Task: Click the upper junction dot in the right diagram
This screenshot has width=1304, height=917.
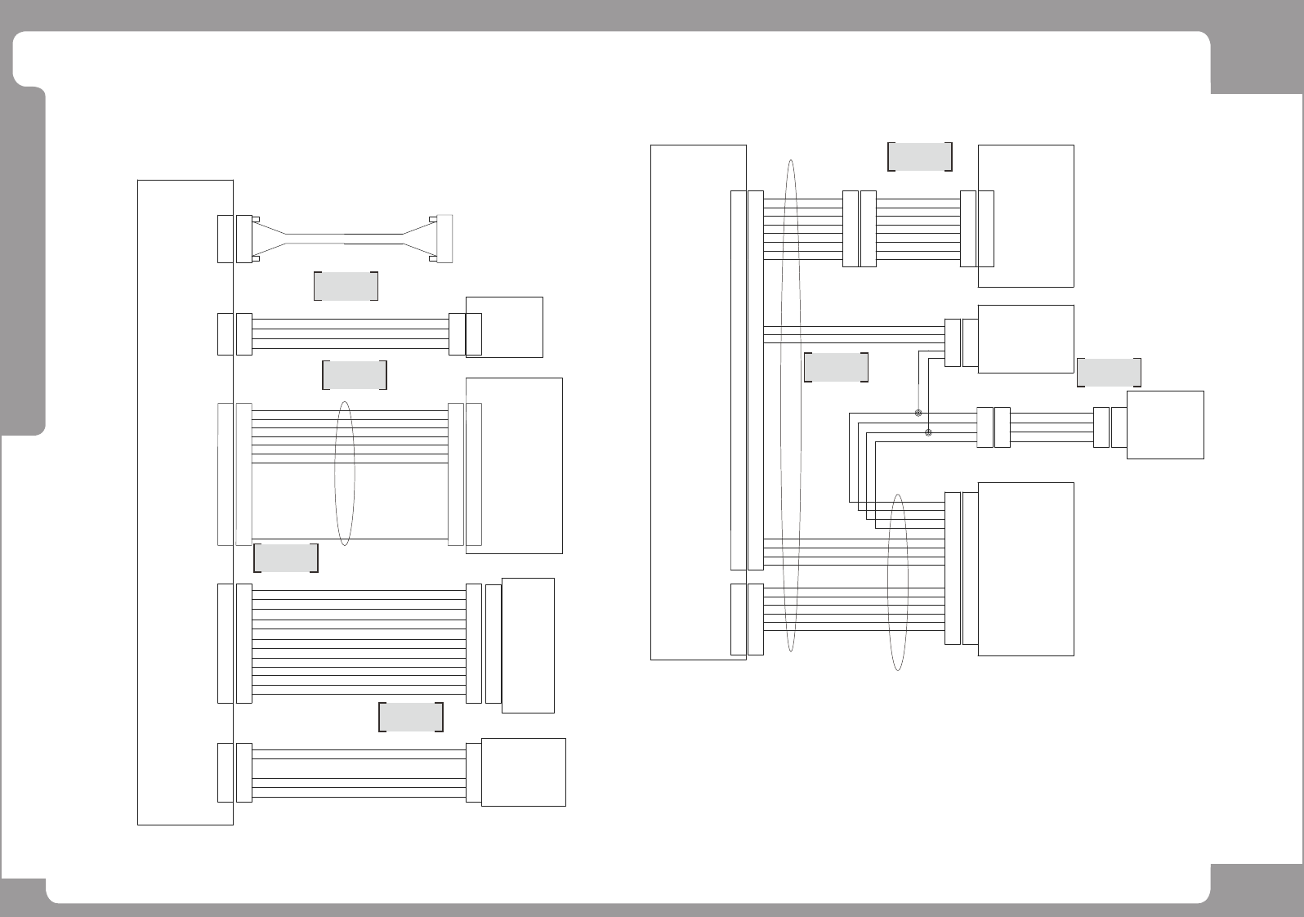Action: coord(918,414)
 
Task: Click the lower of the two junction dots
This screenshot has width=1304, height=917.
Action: coord(927,432)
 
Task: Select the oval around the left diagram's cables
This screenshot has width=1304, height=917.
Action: coord(345,473)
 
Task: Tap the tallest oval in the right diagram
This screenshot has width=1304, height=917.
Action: coord(790,405)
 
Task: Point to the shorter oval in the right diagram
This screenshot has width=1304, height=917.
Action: coord(898,582)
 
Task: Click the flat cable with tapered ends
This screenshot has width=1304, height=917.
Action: coord(344,239)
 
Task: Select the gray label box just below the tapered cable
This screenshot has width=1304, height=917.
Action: coord(346,285)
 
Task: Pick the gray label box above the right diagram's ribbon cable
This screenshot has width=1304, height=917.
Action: coord(919,156)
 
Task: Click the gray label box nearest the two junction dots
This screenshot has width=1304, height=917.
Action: coord(836,368)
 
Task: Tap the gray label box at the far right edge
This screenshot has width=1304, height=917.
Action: coord(1109,372)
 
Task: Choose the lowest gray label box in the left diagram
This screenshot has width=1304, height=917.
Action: coord(411,717)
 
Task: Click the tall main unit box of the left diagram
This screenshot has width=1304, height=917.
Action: coord(185,502)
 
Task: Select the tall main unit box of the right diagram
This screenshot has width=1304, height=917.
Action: coord(698,401)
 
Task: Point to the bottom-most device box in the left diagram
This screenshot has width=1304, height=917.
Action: coord(523,772)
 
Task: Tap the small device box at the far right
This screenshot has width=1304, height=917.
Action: coord(1164,424)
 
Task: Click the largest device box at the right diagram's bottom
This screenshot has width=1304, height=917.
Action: coord(1025,569)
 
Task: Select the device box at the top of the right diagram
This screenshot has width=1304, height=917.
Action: coord(1025,216)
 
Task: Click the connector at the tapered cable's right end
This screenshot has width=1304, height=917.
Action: coord(444,239)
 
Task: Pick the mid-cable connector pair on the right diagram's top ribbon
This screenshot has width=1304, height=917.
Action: coord(859,229)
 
